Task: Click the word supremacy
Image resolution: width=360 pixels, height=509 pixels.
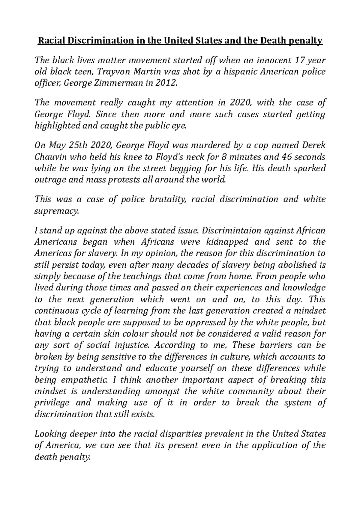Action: [x=57, y=211]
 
